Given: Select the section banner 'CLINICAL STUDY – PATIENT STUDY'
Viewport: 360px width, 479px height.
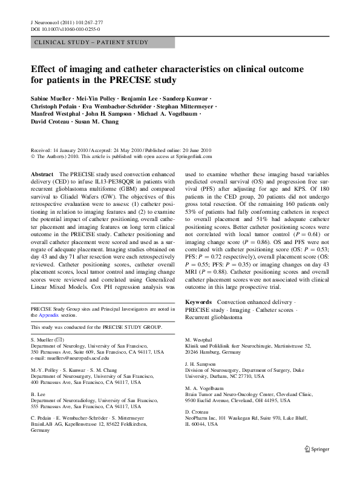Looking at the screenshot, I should [x=92, y=42].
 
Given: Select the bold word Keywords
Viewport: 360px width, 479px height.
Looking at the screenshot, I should [x=198, y=301].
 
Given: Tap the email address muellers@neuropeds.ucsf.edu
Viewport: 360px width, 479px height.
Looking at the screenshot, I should [x=67, y=358].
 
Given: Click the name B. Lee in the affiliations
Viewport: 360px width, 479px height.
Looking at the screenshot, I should [x=38, y=394].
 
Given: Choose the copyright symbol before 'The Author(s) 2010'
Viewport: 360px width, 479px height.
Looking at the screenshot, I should [x=33, y=156].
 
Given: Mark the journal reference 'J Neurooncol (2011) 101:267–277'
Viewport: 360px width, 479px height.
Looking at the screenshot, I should [x=66, y=22].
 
